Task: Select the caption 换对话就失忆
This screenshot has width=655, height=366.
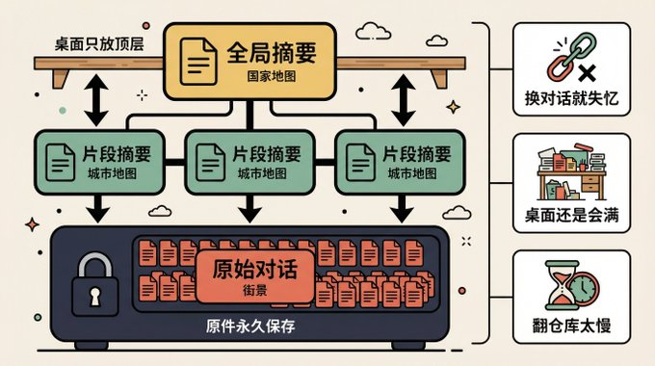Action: coord(572,101)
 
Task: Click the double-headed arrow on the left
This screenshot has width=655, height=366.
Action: coord(97,100)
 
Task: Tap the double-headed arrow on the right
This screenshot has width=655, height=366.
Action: coord(403,100)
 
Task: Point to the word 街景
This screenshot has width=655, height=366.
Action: coord(254,289)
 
